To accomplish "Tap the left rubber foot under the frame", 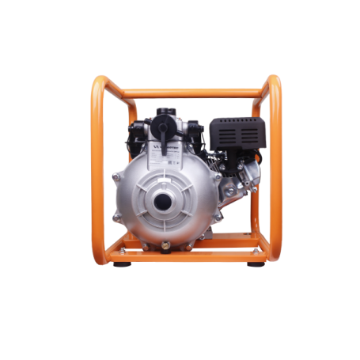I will click(x=119, y=263).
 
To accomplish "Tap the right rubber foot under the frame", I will click(x=255, y=263).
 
